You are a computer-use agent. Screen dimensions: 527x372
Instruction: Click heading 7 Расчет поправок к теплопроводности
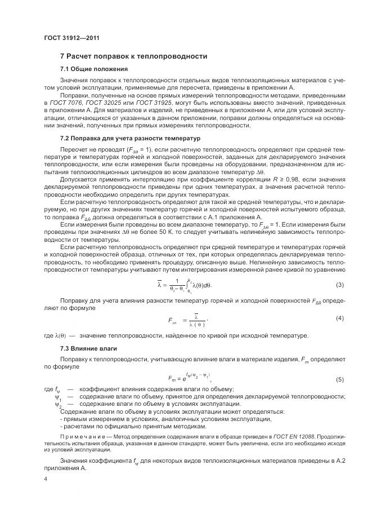pyautogui.click(x=133, y=56)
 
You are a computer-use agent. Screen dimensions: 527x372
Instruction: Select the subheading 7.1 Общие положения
pyautogui.click(x=94, y=69)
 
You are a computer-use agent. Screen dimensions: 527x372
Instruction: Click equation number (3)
pyautogui.click(x=340, y=285)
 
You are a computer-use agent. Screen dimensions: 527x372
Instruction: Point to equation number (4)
pyautogui.click(x=340, y=318)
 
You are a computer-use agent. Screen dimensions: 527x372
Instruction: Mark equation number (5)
pyautogui.click(x=340, y=379)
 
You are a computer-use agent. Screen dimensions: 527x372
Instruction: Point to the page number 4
pyautogui.click(x=46, y=480)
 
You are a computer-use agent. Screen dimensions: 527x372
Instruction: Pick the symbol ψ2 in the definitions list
pyautogui.click(x=58, y=404)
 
